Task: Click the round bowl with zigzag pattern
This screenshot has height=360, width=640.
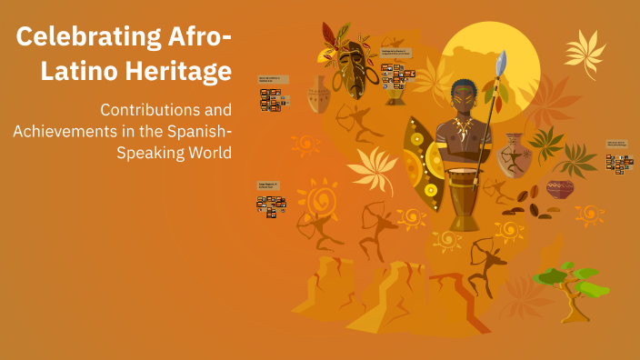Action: [560, 189]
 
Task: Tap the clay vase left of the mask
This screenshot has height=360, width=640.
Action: [318, 95]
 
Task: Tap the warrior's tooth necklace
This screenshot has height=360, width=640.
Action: [463, 127]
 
